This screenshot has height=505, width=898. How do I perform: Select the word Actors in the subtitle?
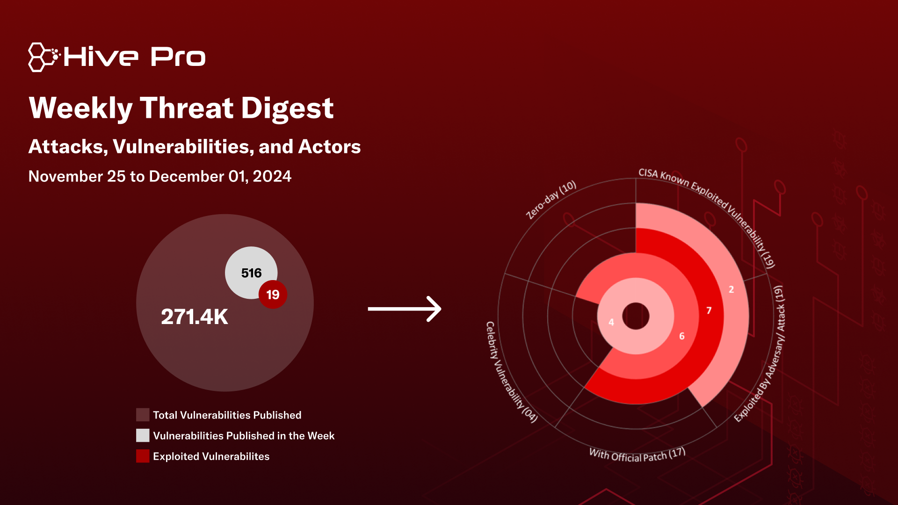[x=330, y=147]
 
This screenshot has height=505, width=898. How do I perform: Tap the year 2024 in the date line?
[x=272, y=176]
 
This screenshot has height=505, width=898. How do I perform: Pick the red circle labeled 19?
[x=273, y=295]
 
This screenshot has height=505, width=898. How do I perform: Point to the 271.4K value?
[x=195, y=317]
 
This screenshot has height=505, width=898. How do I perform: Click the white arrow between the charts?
[x=405, y=309]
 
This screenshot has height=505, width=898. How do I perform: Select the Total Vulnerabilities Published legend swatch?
[x=143, y=415]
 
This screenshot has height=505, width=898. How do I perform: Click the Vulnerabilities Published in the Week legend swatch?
[x=143, y=435]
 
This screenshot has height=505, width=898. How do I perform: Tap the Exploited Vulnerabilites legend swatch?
[x=143, y=456]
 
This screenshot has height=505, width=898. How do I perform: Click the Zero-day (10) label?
[x=551, y=200]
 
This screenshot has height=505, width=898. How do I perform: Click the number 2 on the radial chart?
[x=731, y=289]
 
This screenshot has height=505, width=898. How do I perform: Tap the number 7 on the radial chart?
[x=709, y=310]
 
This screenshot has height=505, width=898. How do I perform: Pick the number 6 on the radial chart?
[x=682, y=336]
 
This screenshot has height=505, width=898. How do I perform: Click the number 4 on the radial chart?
[x=611, y=322]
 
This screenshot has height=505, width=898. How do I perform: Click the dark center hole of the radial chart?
[x=636, y=316]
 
